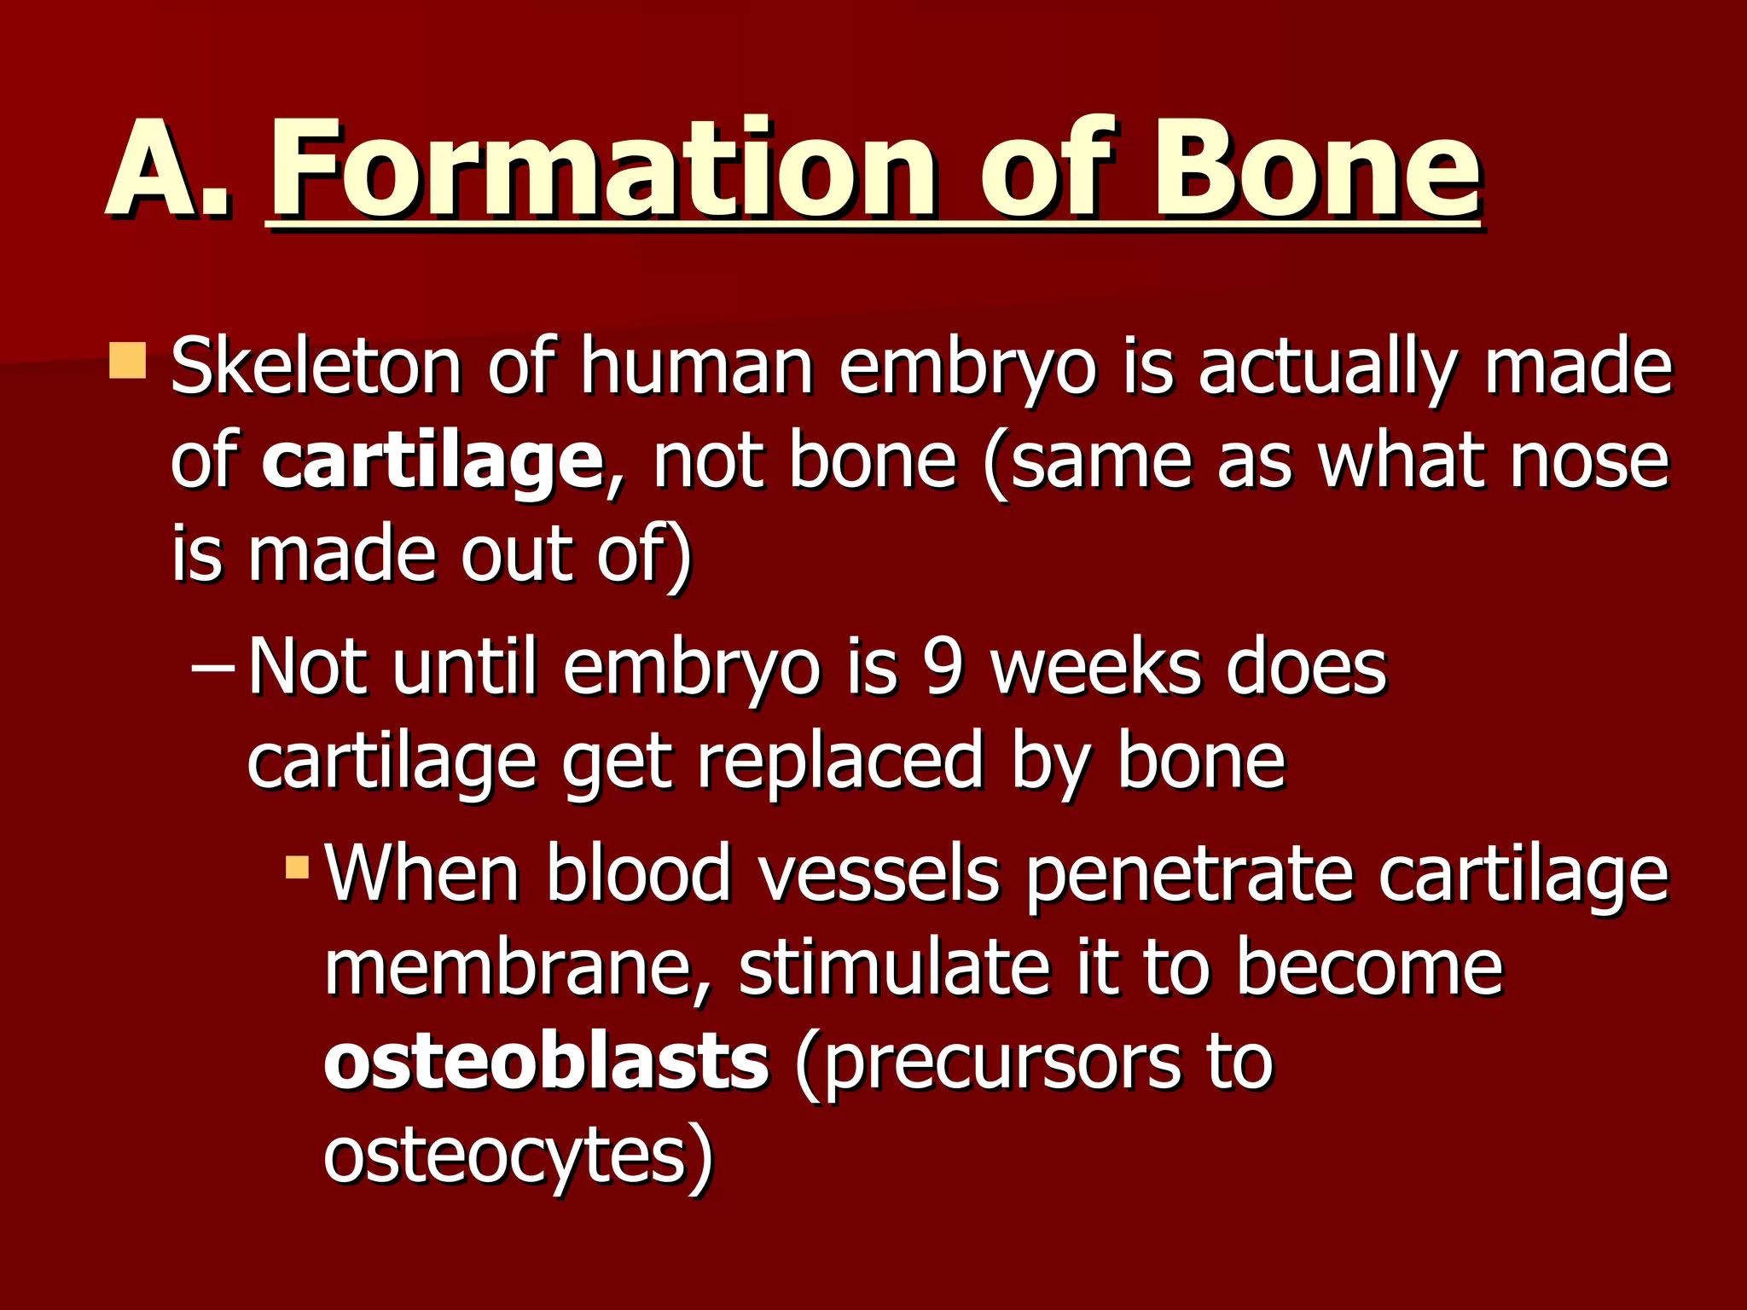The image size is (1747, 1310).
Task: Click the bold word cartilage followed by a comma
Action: point(432,461)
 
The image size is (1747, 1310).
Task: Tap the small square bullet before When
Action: point(297,868)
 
